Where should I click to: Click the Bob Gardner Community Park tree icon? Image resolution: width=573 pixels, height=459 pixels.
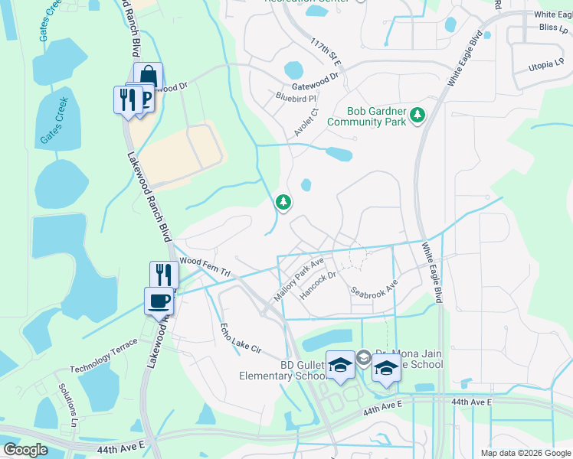tap(417, 116)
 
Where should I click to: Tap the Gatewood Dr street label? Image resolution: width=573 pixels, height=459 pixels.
tap(315, 77)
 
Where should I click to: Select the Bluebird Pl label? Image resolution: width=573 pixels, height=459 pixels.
tap(296, 98)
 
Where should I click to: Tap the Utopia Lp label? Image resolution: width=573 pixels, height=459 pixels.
tap(546, 67)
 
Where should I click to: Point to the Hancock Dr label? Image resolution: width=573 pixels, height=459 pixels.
tap(318, 285)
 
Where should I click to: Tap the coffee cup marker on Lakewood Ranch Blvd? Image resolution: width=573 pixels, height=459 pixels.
tap(159, 301)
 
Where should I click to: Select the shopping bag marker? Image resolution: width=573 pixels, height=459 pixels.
tap(149, 76)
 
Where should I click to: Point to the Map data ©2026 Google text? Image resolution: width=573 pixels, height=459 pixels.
tap(525, 453)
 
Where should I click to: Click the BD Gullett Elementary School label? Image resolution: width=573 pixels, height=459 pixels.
tap(283, 370)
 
